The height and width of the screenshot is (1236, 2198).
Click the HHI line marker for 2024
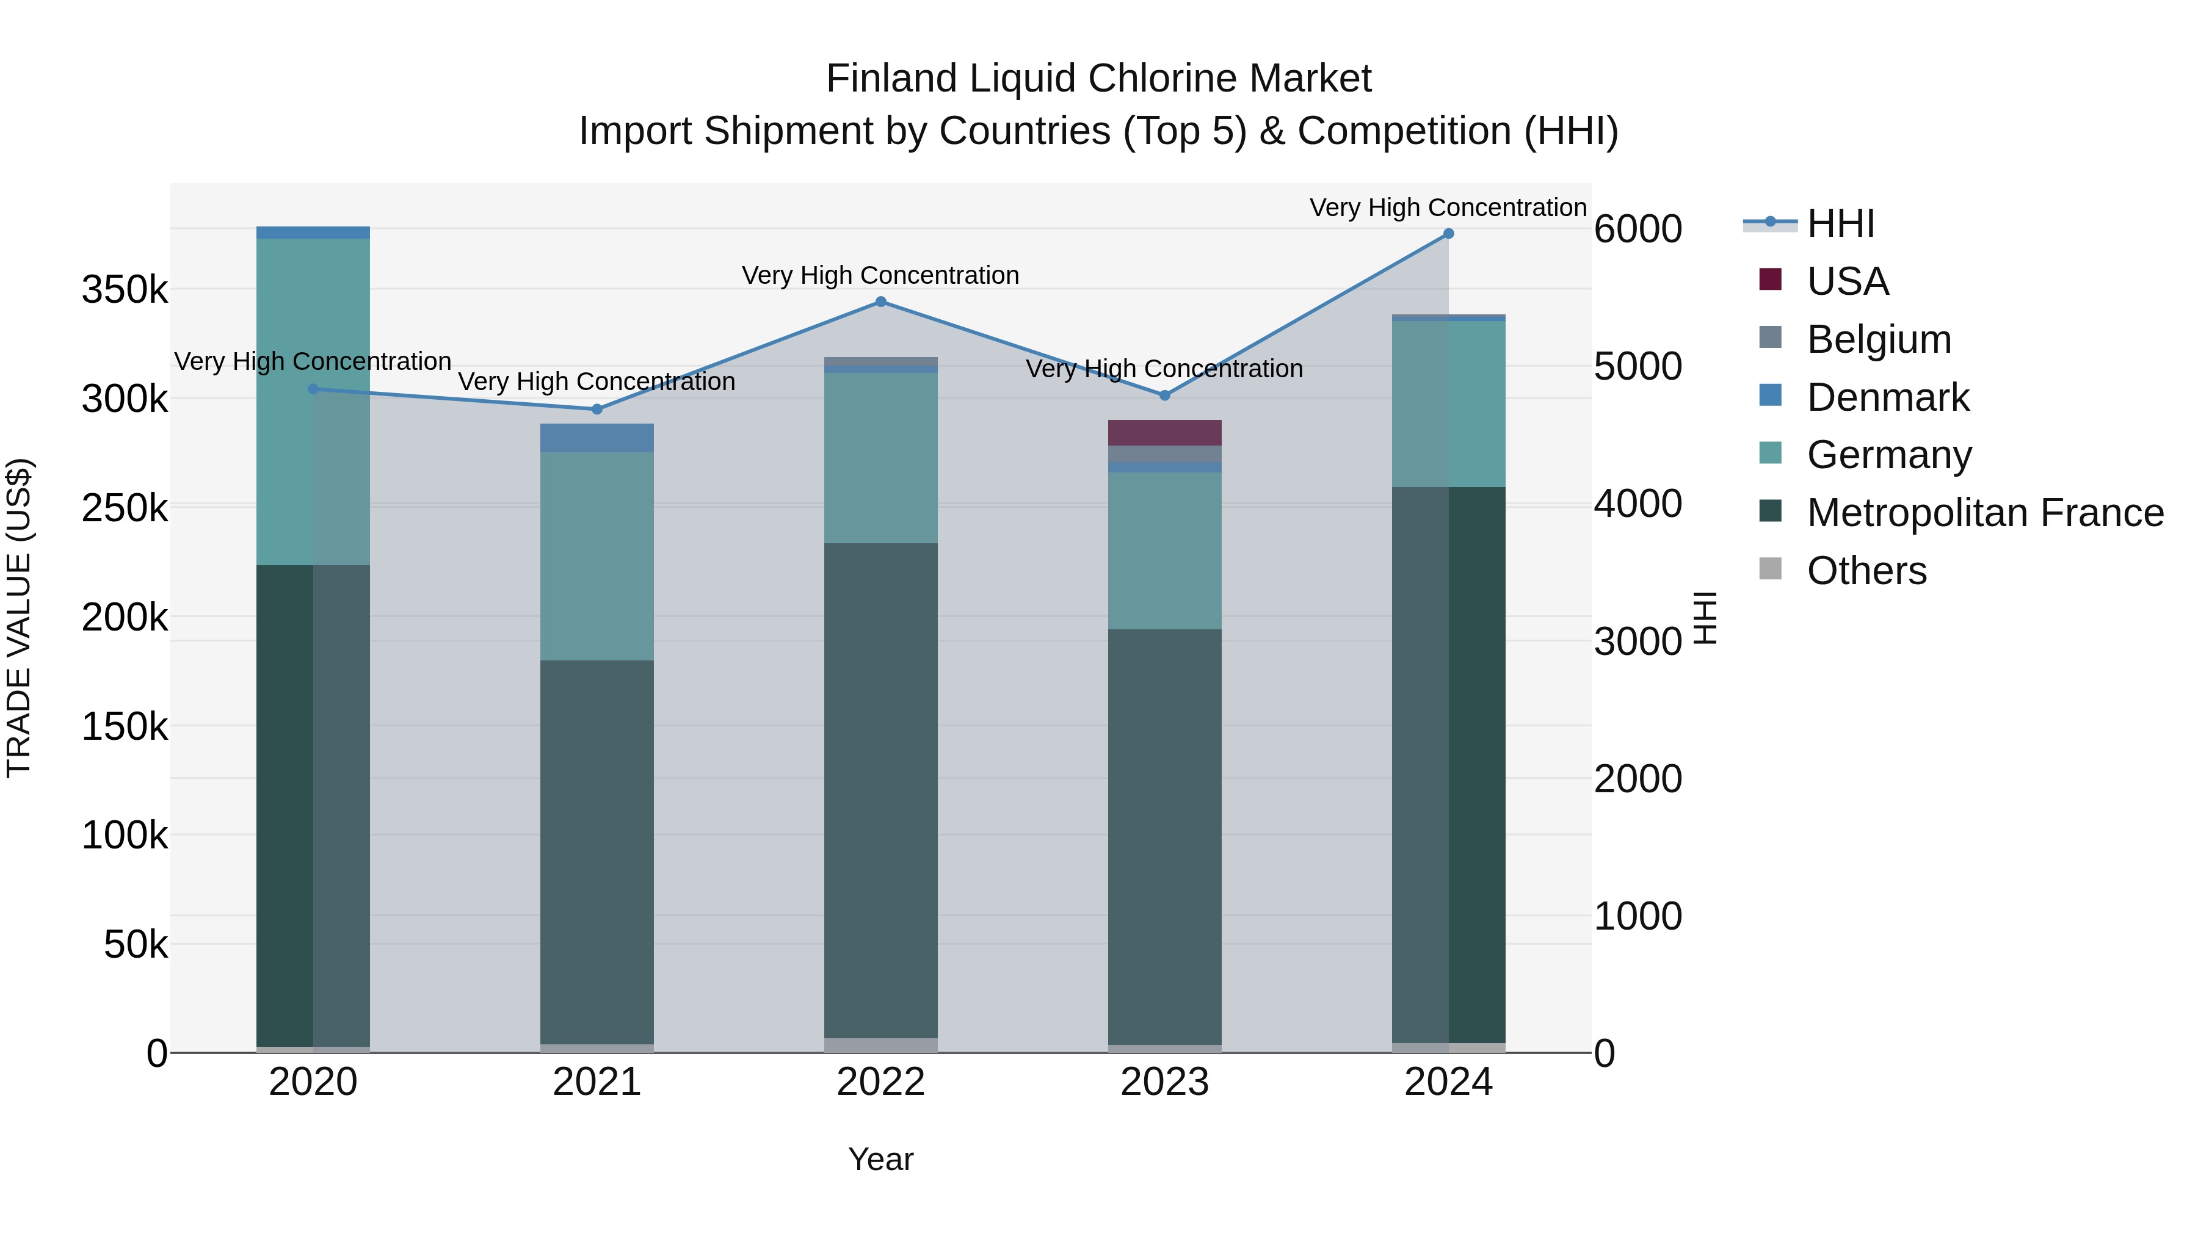(1448, 234)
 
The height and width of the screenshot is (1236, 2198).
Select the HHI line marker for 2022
(880, 302)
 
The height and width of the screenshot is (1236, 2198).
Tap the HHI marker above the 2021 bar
(597, 410)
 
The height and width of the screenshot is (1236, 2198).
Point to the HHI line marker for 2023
(1165, 396)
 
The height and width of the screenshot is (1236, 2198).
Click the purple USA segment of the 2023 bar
(1165, 433)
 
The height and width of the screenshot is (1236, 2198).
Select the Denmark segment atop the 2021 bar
(597, 438)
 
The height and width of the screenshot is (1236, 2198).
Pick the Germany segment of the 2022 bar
(880, 457)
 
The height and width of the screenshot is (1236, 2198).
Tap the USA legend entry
(1848, 281)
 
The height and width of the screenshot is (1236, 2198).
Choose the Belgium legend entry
(1878, 339)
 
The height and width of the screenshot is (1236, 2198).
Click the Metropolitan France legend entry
(1985, 513)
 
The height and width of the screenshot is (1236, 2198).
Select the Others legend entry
(1866, 571)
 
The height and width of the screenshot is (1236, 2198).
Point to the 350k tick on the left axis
(125, 290)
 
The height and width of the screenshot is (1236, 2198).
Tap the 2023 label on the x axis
(1165, 1082)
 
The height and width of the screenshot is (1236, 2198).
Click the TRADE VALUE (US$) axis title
(19, 618)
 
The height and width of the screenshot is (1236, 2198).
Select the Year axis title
(880, 1159)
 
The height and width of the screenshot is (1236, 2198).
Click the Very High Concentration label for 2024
(1448, 208)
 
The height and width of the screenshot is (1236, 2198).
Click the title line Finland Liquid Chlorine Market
(1098, 79)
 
